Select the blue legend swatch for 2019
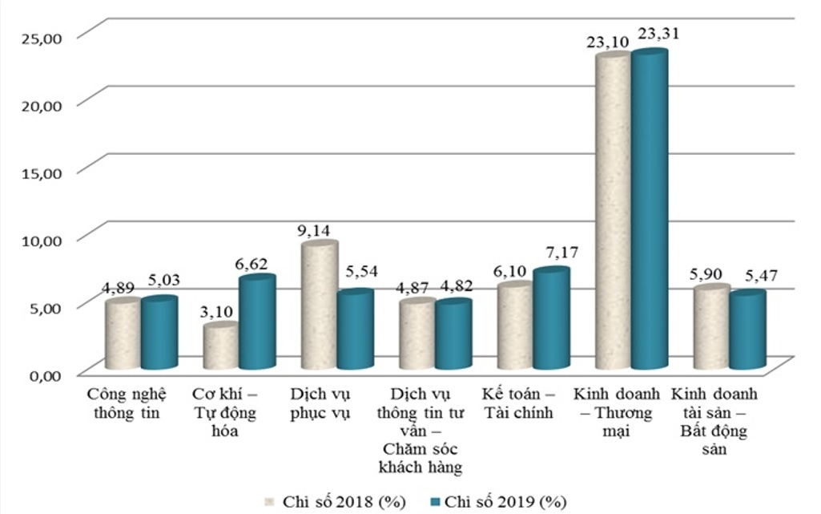436,502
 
